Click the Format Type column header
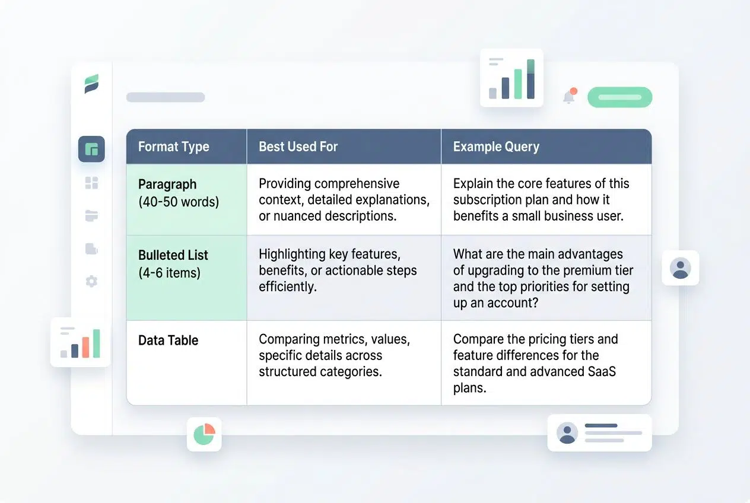(173, 147)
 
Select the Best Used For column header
(298, 147)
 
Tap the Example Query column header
(496, 147)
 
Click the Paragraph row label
(167, 184)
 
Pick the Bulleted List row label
(173, 256)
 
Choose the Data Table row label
(168, 340)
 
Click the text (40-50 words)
(179, 202)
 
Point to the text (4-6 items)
(169, 273)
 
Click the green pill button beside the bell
(619, 97)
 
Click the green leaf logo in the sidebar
(91, 84)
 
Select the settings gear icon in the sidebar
(91, 281)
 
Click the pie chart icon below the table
(204, 434)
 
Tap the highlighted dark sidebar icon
(91, 149)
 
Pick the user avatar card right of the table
(680, 268)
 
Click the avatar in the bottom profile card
(567, 433)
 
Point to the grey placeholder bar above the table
(166, 97)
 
